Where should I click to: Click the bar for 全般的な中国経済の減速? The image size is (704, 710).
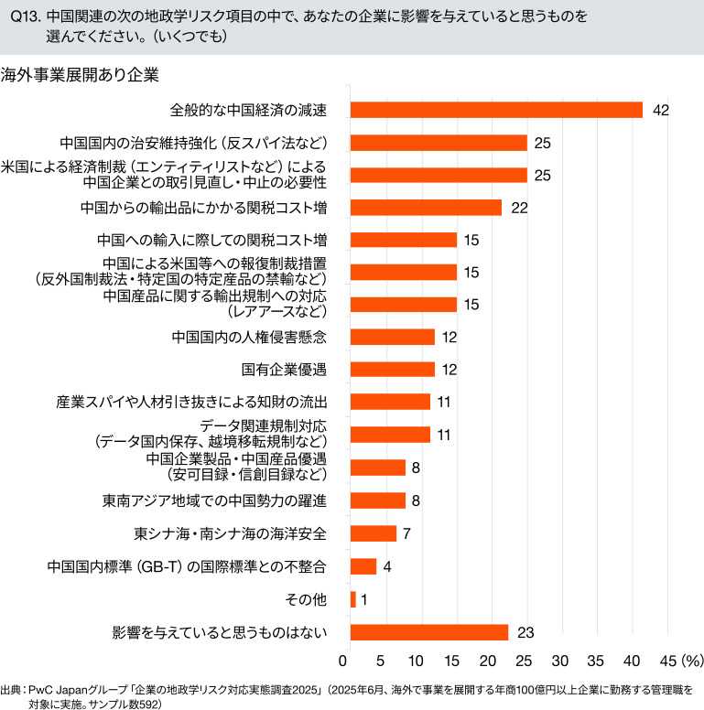click(x=496, y=110)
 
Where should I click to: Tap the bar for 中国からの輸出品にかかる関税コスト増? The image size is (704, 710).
click(x=426, y=208)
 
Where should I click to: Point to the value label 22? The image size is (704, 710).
click(x=520, y=208)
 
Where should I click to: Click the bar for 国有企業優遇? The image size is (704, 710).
click(x=393, y=370)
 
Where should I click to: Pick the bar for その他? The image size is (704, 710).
click(x=353, y=599)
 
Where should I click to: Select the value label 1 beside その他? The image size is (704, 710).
click(x=364, y=599)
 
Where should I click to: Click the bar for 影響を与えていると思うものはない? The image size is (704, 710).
click(x=429, y=632)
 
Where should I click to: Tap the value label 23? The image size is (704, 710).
click(x=525, y=632)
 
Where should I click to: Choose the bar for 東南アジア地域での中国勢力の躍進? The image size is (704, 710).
click(x=378, y=500)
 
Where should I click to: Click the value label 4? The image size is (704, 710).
click(x=387, y=566)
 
